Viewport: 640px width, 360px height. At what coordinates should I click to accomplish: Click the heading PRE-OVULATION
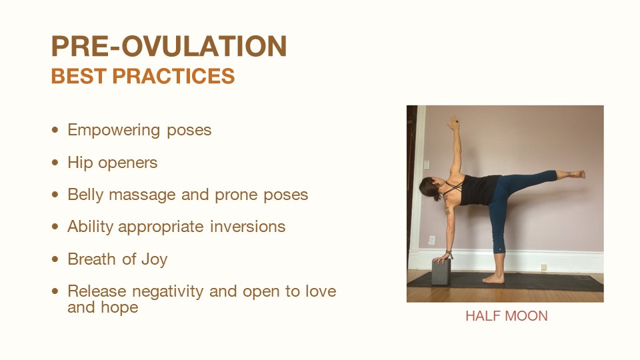point(169,46)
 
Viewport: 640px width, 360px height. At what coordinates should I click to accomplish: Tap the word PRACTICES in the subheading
point(173,76)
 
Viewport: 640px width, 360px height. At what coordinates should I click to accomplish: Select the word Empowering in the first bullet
point(113,131)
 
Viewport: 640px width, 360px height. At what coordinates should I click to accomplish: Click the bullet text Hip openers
point(112,163)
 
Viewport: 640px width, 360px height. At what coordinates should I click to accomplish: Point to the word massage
point(142,195)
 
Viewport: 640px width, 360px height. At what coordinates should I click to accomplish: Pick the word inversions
point(248,227)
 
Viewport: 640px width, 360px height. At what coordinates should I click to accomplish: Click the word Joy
point(154,259)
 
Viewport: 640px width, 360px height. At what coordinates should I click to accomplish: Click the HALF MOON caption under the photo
point(506,316)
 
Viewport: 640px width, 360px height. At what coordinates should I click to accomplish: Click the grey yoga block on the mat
point(441,271)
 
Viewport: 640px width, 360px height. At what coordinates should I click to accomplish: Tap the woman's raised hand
point(453,122)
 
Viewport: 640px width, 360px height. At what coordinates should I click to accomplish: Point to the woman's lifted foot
point(575,174)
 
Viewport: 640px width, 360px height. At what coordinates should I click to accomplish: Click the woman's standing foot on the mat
point(493,279)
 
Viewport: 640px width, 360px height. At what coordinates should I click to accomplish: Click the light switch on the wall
point(427,165)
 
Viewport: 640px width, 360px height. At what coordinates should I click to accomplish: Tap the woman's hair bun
point(437,197)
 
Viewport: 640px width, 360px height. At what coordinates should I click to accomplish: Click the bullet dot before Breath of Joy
point(55,259)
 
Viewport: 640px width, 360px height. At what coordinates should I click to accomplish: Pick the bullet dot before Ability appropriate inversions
point(55,227)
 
